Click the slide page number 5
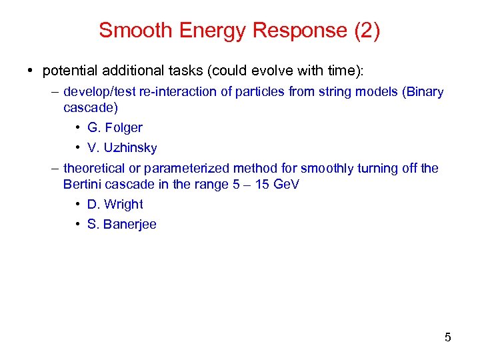(x=447, y=337)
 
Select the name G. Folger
(x=115, y=127)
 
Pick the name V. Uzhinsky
(x=122, y=147)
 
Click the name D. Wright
(x=115, y=204)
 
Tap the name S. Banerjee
(x=122, y=224)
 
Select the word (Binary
(x=423, y=91)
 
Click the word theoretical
(x=95, y=168)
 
